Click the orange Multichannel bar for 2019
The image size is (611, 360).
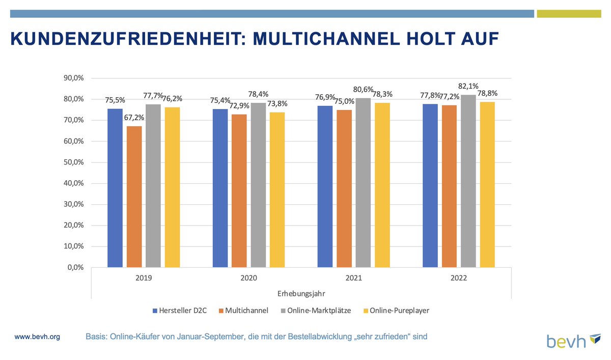click(x=134, y=197)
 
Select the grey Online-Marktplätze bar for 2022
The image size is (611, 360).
click(x=468, y=181)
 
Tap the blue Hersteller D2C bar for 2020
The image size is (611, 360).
click(x=220, y=188)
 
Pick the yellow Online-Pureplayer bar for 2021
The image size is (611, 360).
click(x=382, y=185)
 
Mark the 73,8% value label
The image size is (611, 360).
click(x=277, y=104)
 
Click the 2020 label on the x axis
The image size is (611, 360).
click(x=248, y=279)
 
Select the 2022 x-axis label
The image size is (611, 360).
click(x=458, y=279)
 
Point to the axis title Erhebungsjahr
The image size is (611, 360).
click(x=301, y=294)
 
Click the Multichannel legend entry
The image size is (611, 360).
click(x=243, y=310)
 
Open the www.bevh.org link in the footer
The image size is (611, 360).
click(x=37, y=337)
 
